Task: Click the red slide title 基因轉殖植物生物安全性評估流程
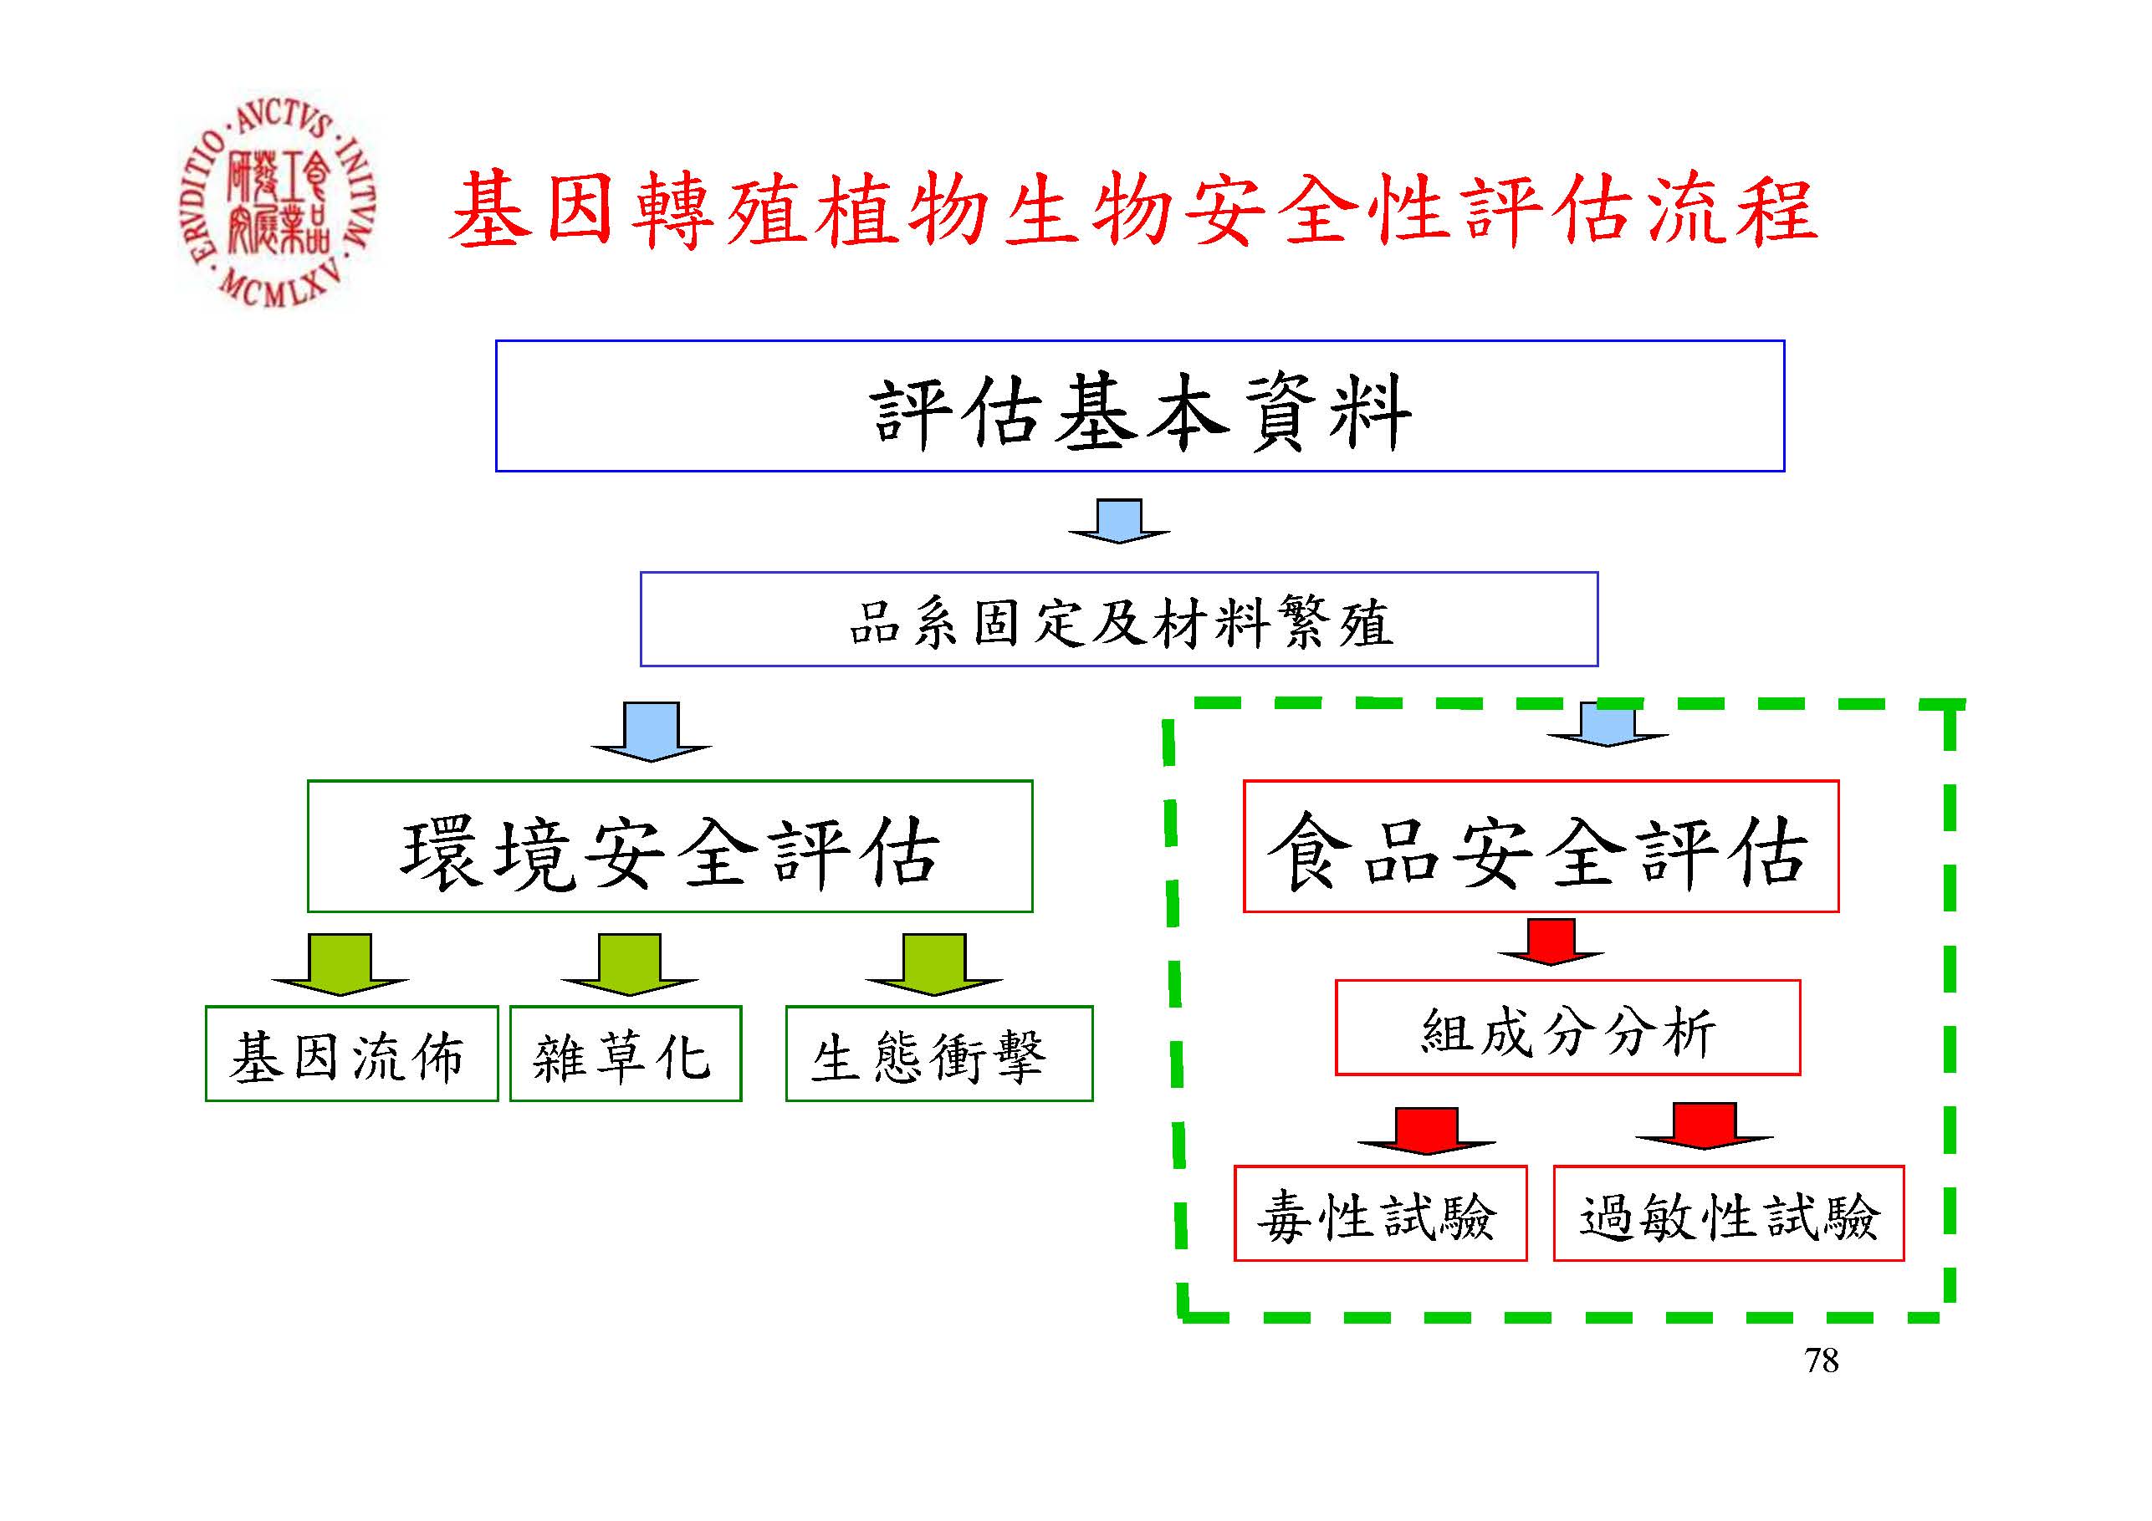1132,211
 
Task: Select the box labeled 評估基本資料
1139,406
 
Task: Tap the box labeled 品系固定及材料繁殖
1118,620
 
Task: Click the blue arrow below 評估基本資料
1119,521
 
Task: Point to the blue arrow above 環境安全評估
652,732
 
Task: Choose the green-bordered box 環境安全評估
669,846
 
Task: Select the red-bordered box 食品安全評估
1540,846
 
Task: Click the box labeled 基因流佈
351,1054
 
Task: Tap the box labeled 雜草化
625,1054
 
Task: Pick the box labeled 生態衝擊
938,1054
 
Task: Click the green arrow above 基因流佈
340,963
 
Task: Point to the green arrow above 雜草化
629,963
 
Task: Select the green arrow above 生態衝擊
933,963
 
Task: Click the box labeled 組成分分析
1567,1028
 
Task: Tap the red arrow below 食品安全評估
1551,942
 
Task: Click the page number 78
1821,1360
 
